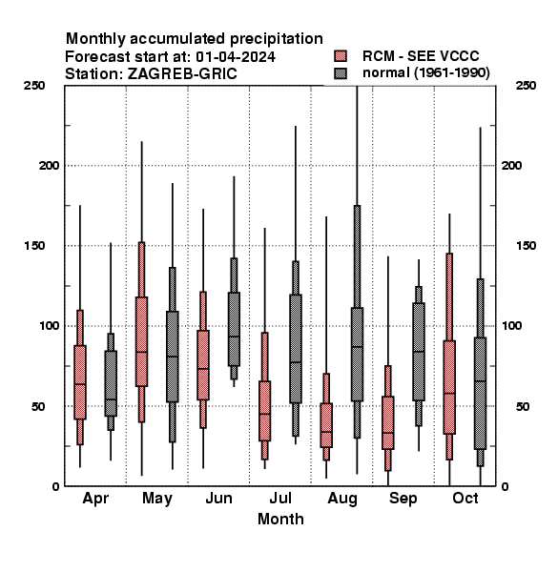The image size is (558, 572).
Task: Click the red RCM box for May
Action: point(141,341)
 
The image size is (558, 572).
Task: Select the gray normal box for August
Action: point(357,355)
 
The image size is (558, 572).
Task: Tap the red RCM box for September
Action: point(388,422)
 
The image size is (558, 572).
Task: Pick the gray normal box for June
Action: point(234,329)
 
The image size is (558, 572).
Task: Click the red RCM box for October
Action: point(449,387)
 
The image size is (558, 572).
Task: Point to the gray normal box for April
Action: point(111,383)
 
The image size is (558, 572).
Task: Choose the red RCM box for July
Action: point(264,411)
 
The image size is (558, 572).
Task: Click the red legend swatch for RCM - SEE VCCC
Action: point(341,56)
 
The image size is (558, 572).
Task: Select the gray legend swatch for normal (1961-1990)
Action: point(341,73)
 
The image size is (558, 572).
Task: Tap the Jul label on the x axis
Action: point(280,498)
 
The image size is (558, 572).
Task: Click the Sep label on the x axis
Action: point(403,499)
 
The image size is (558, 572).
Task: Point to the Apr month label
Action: point(95,499)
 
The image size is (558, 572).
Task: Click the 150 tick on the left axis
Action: point(34,246)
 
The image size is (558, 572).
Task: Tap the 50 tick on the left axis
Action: point(38,406)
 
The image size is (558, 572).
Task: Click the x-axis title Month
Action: point(280,519)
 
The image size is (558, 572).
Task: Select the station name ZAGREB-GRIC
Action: point(182,73)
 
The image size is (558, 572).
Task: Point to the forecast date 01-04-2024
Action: point(236,56)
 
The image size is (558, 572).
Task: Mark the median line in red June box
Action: point(203,368)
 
